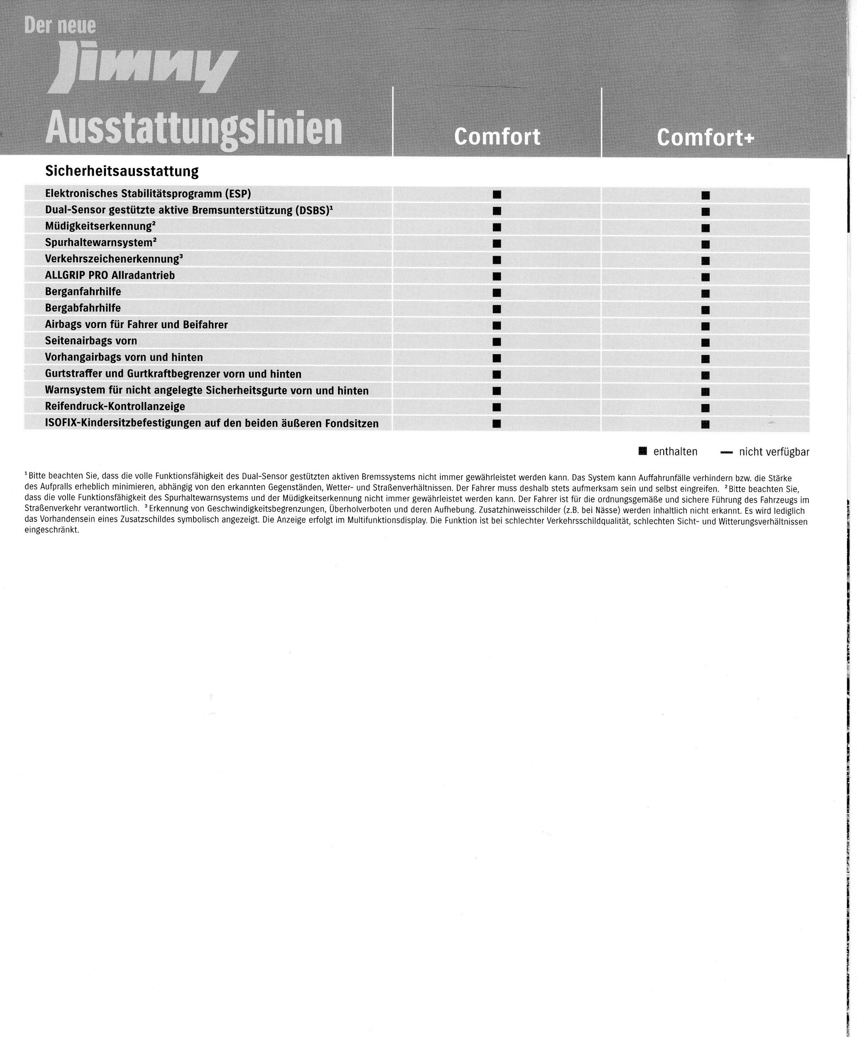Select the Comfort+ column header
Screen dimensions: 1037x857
[705, 137]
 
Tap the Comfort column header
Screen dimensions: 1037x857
[497, 136]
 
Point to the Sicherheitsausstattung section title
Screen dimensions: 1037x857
[122, 171]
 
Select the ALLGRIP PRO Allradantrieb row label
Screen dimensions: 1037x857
[110, 275]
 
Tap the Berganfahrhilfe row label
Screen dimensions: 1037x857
[83, 292]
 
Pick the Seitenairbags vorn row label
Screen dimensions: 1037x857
[91, 341]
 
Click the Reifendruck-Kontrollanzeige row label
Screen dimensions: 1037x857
[115, 407]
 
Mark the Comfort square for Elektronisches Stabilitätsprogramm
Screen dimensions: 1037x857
[497, 195]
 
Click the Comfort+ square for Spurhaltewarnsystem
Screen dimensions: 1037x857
[706, 245]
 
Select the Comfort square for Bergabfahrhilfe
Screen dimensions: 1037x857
[497, 309]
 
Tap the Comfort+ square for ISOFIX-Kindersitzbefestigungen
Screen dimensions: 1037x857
[706, 424]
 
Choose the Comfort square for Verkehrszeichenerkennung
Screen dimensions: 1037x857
[497, 260]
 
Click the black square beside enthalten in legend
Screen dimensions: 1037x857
[642, 451]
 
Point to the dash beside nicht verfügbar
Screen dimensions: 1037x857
[726, 452]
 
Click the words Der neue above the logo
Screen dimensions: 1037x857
[60, 26]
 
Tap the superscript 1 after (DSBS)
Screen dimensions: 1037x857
[331, 207]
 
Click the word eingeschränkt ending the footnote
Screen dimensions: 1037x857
[51, 531]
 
